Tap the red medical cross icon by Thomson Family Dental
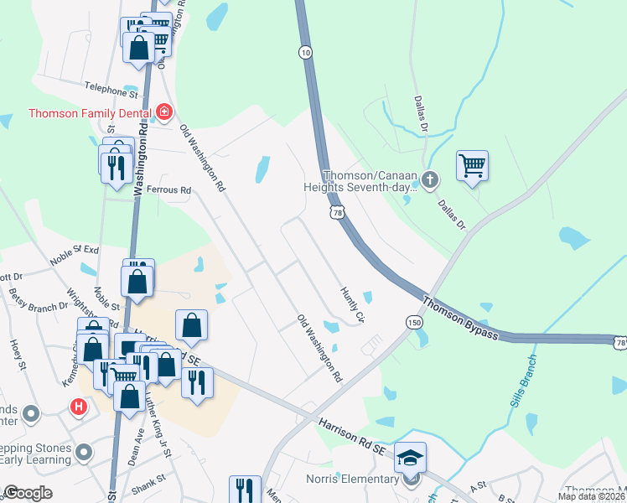click(x=164, y=111)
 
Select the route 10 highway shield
click(x=305, y=52)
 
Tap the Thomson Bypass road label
click(x=460, y=319)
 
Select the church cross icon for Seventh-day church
click(x=430, y=179)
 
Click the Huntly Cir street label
click(x=353, y=304)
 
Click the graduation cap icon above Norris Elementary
click(x=411, y=457)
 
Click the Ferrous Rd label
click(x=169, y=190)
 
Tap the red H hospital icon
click(x=79, y=407)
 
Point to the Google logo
click(x=28, y=494)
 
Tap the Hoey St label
click(x=18, y=354)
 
